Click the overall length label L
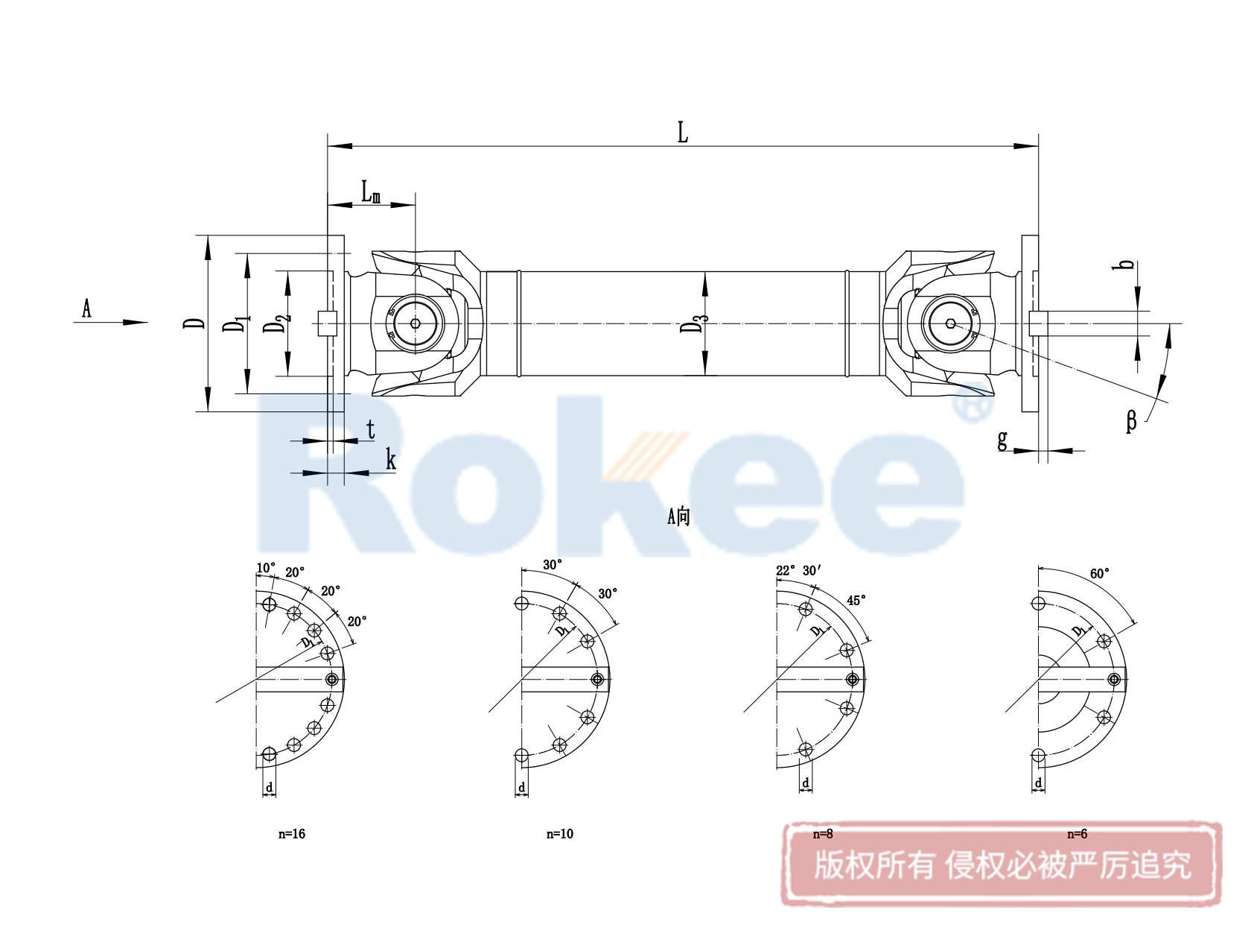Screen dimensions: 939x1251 coord(683,133)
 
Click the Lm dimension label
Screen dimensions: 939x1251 coord(371,192)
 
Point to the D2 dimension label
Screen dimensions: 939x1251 coord(276,323)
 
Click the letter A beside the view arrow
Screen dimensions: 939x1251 coord(86,308)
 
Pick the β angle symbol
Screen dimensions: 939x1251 coord(1131,421)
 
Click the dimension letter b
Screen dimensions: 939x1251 coord(1127,265)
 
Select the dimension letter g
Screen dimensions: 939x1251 coord(1002,440)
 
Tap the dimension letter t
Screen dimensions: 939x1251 coord(371,430)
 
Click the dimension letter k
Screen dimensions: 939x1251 coord(390,460)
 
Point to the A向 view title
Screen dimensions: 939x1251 coord(678,516)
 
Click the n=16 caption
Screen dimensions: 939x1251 coord(292,834)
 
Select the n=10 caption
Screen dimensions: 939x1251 coord(560,834)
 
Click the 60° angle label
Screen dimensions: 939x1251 coord(1100,574)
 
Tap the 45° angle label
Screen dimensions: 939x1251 coord(856,601)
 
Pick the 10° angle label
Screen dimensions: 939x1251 coord(266,569)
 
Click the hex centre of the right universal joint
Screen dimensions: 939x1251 coord(950,323)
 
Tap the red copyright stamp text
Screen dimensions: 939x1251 coord(1002,865)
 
